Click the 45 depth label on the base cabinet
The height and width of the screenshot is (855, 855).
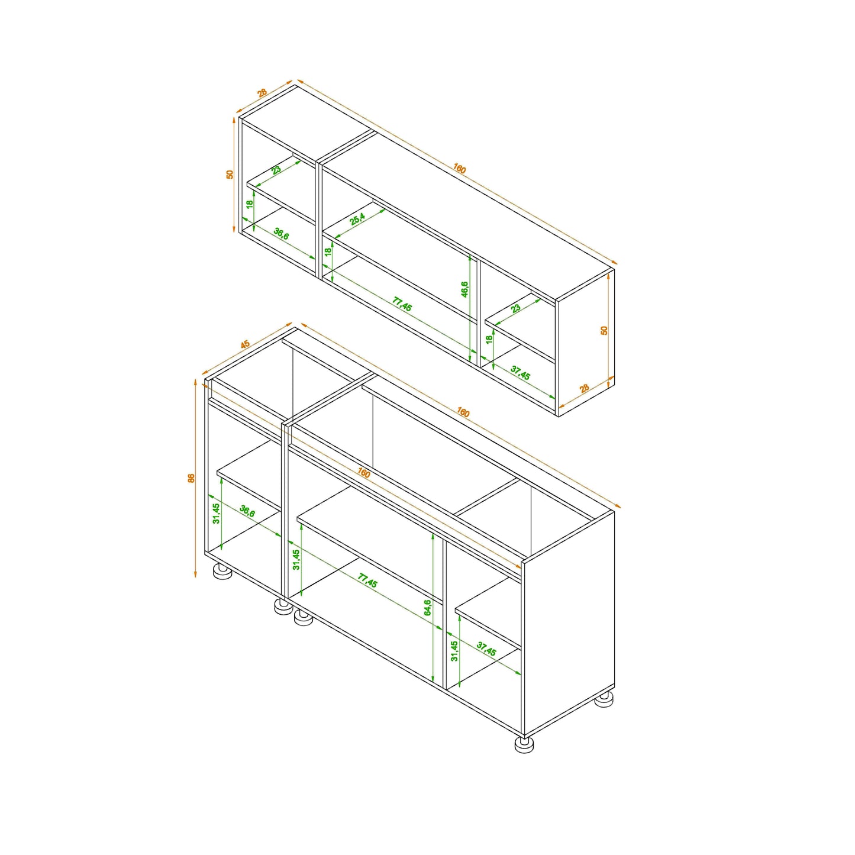[245, 344]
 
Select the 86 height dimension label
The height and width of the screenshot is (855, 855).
[191, 478]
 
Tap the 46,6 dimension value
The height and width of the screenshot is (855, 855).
[464, 289]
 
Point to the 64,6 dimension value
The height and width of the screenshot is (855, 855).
[427, 608]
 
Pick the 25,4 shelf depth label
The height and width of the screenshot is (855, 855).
[357, 219]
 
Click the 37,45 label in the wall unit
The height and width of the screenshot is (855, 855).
[521, 373]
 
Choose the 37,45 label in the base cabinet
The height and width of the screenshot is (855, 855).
[486, 648]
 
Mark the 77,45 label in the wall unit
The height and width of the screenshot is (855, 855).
[402, 304]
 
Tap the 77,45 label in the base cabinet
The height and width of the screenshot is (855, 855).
[367, 580]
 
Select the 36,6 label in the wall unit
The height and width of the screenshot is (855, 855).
[281, 234]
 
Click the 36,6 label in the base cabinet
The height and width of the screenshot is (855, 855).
[247, 511]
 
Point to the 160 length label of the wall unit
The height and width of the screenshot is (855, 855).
[460, 169]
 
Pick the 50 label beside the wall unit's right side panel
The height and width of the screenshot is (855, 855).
[604, 331]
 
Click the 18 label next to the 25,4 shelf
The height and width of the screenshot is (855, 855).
[328, 251]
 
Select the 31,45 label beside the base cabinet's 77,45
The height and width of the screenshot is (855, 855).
[296, 560]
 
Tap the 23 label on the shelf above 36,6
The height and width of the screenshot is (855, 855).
[276, 170]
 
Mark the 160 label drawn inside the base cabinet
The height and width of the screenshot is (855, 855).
[363, 473]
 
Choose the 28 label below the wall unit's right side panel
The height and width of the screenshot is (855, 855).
[585, 388]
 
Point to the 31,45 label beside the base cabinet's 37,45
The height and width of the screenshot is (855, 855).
[454, 651]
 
